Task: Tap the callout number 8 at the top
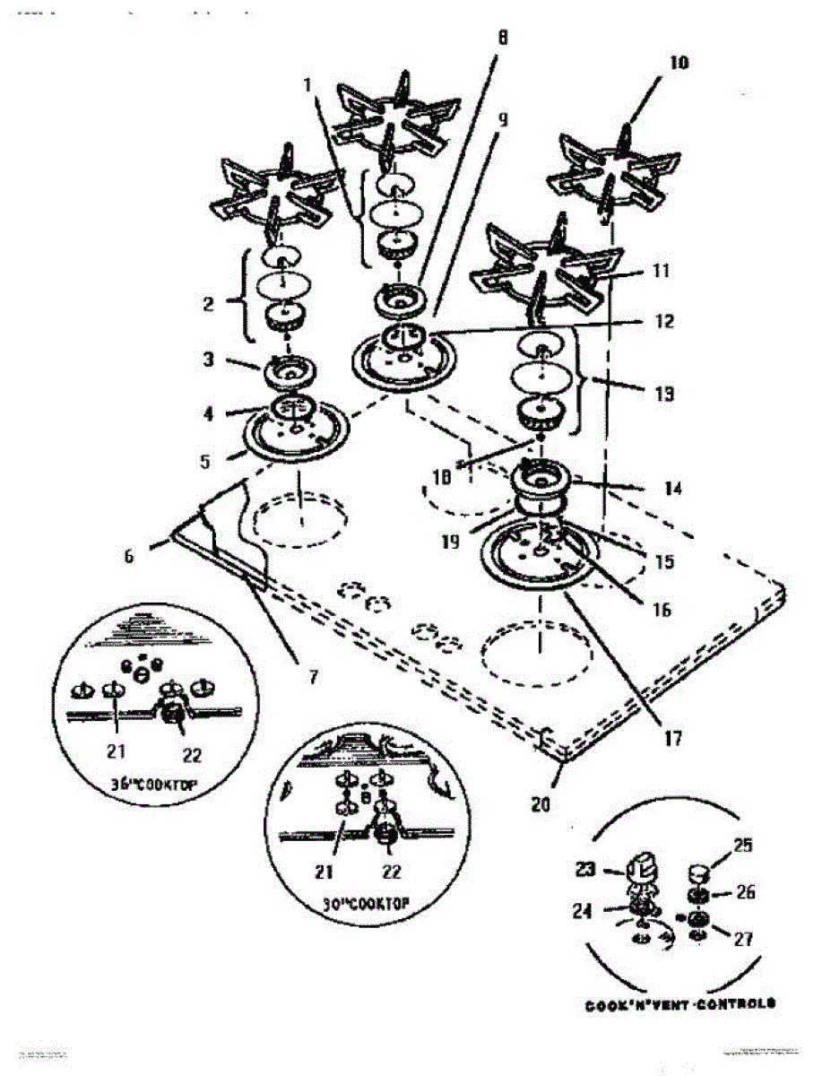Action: [502, 38]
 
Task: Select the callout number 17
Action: [672, 740]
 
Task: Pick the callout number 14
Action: [672, 489]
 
